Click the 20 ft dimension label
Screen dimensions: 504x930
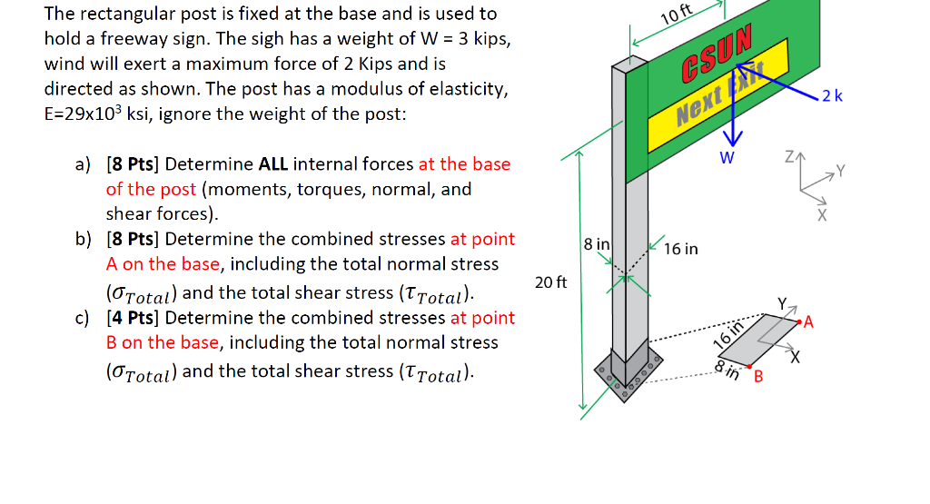[551, 282]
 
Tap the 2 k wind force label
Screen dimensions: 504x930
[832, 96]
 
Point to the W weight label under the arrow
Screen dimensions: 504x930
[727, 157]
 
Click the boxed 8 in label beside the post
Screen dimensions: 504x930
[597, 244]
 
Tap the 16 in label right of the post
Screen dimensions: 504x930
[681, 248]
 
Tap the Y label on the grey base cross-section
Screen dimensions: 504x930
[781, 303]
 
